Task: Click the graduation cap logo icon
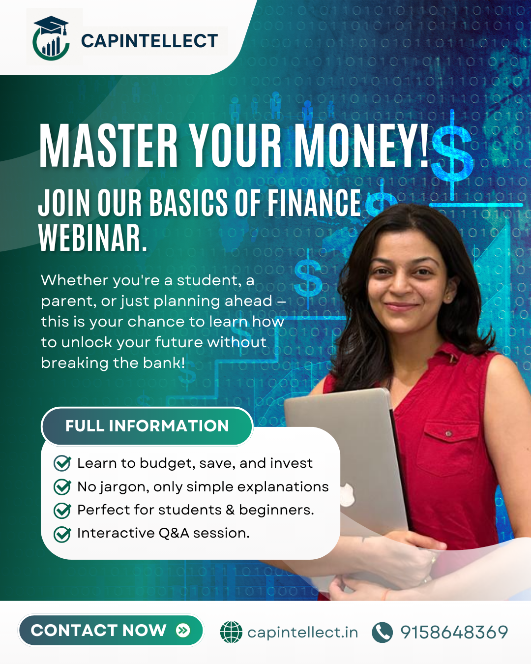coord(51,38)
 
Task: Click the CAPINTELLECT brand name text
coord(149,41)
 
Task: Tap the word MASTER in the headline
coord(108,146)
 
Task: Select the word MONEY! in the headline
coord(361,146)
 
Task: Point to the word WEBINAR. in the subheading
coord(92,238)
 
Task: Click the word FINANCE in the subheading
coord(314,203)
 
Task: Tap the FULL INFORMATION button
coord(147,426)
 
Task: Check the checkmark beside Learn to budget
coord(62,463)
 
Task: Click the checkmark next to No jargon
coord(62,487)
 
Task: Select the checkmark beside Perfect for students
coord(62,511)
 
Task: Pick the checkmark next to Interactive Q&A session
coord(62,534)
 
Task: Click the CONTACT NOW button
coord(111,631)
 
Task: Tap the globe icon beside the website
coord(232,632)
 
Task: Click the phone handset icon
coord(383,632)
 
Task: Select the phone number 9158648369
coord(454,632)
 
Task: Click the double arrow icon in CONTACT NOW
coord(183,630)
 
